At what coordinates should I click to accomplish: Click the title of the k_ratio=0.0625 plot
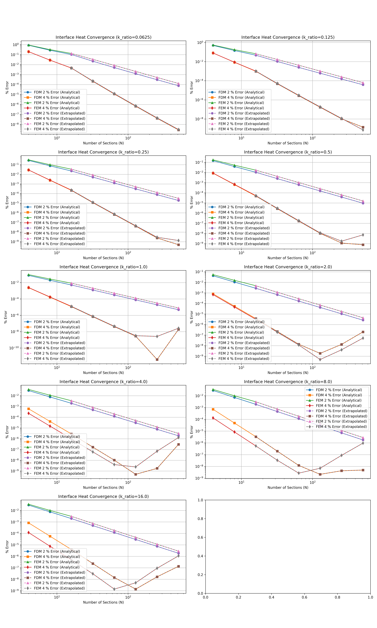click(x=103, y=37)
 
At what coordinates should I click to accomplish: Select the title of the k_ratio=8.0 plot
click(x=288, y=381)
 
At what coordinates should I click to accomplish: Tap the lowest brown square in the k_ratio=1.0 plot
click(x=157, y=359)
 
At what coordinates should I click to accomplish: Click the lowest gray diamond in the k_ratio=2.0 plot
click(x=320, y=359)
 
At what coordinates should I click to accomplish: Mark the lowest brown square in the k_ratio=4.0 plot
click(x=136, y=474)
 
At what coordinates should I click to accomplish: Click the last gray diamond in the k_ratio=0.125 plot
click(x=363, y=130)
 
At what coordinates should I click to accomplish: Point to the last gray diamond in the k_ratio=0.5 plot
click(x=363, y=235)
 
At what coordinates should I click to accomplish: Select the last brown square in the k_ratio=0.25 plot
click(x=179, y=245)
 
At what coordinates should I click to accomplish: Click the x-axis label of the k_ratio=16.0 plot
click(x=103, y=602)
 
